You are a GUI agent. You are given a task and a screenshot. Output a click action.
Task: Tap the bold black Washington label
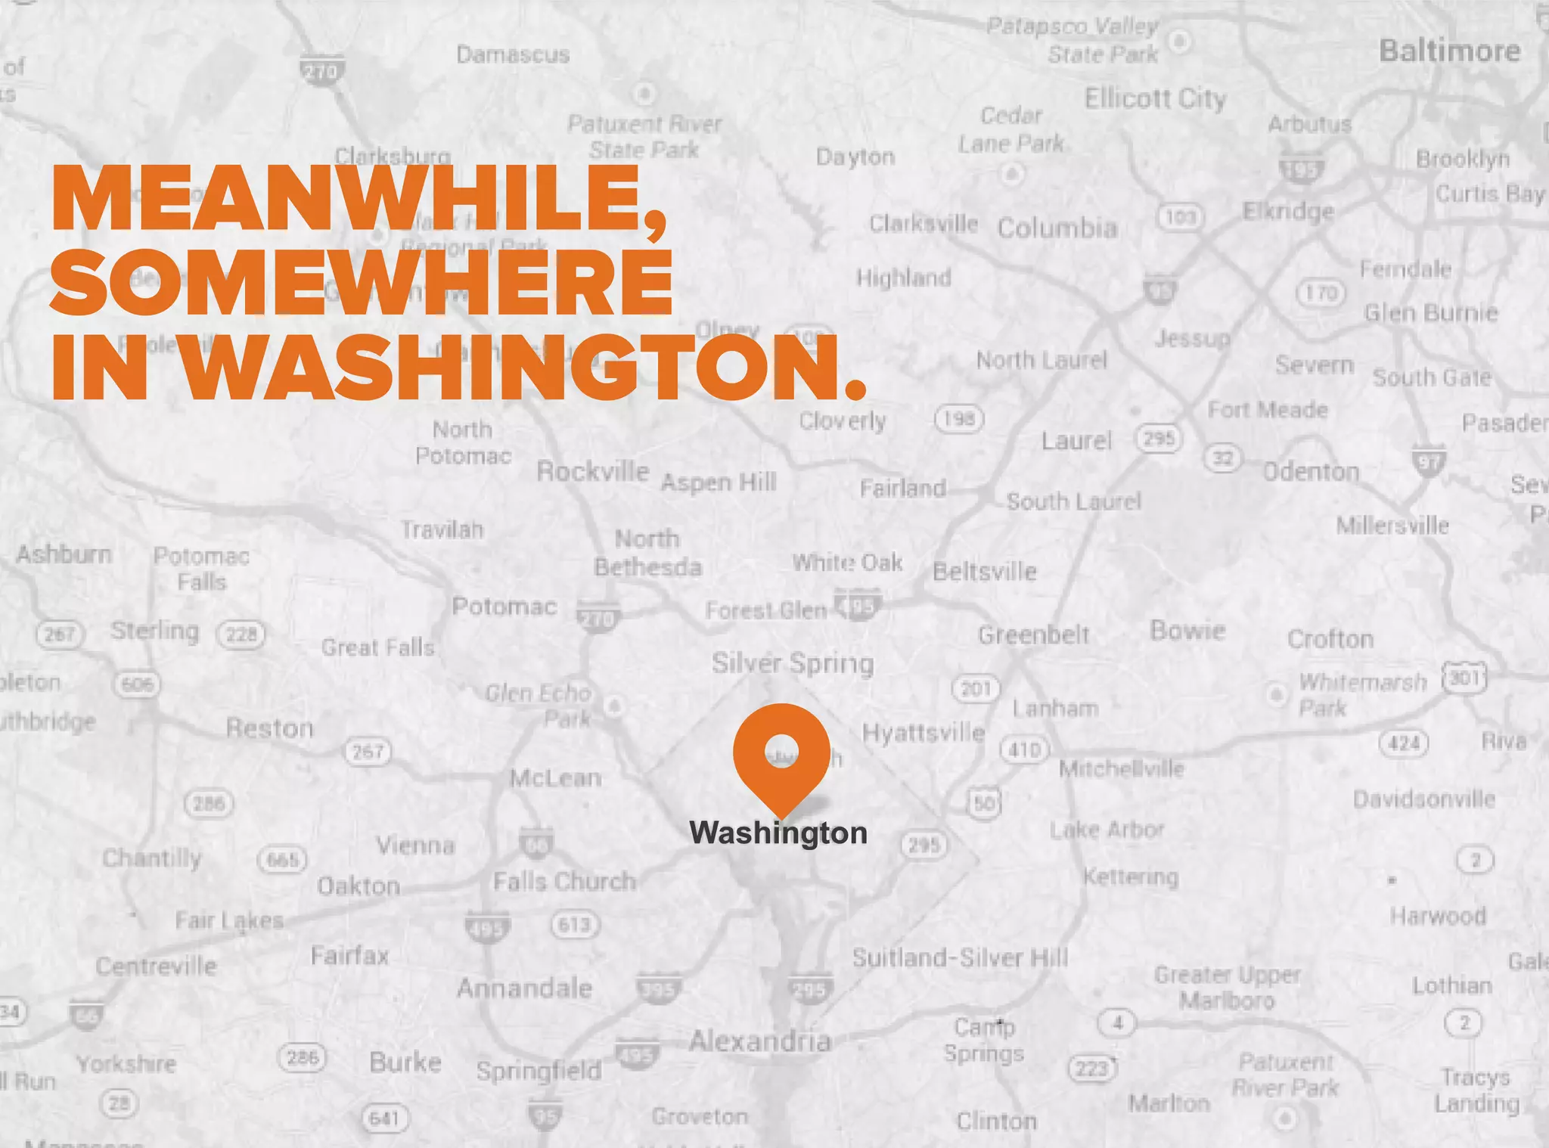[778, 833]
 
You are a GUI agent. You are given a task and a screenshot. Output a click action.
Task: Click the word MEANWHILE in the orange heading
[359, 198]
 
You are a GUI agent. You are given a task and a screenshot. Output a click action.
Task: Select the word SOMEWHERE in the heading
[362, 281]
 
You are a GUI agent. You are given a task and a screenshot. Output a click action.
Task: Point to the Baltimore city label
[1449, 51]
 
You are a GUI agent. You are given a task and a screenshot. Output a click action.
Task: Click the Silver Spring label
[792, 663]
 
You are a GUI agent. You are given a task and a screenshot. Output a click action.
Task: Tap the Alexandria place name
[759, 1041]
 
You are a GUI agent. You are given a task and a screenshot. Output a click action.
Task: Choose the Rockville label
[592, 471]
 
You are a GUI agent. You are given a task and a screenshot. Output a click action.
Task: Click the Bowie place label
[1187, 631]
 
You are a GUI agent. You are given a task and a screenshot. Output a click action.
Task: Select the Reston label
[269, 728]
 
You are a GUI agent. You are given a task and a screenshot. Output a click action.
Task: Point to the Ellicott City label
[1155, 99]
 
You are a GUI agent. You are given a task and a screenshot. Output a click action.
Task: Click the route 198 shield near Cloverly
[959, 418]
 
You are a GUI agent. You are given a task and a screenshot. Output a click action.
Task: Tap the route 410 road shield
[1025, 749]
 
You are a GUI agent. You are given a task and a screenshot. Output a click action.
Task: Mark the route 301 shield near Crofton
[1464, 678]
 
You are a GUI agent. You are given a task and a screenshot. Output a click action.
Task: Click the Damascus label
[513, 54]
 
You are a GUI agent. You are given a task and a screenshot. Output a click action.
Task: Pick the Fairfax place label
[349, 956]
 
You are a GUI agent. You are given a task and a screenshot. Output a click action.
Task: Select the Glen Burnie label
[1430, 313]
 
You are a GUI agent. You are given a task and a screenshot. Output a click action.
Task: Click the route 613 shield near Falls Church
[575, 924]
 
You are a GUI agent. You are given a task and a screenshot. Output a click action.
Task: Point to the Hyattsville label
[924, 733]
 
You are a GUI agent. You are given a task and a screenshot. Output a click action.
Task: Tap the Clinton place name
[996, 1121]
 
